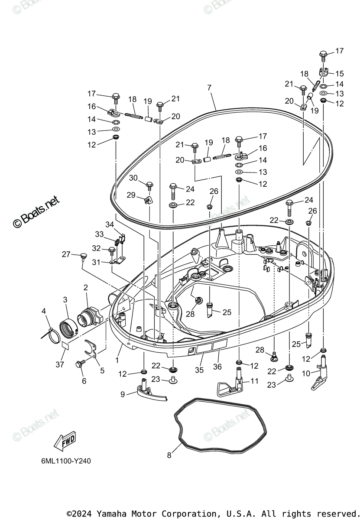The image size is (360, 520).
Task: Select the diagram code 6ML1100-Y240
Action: click(x=64, y=461)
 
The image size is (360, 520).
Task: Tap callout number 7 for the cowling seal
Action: click(x=209, y=88)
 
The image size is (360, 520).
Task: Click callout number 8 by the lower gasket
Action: click(x=169, y=455)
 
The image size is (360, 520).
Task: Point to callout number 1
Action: click(x=117, y=359)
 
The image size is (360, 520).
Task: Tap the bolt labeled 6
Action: click(x=81, y=364)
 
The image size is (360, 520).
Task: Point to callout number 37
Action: click(x=60, y=365)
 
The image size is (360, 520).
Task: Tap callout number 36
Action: click(x=217, y=366)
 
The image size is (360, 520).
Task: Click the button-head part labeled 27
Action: click(x=81, y=256)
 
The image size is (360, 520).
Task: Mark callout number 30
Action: click(x=133, y=178)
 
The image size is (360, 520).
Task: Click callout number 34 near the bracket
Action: click(x=110, y=224)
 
